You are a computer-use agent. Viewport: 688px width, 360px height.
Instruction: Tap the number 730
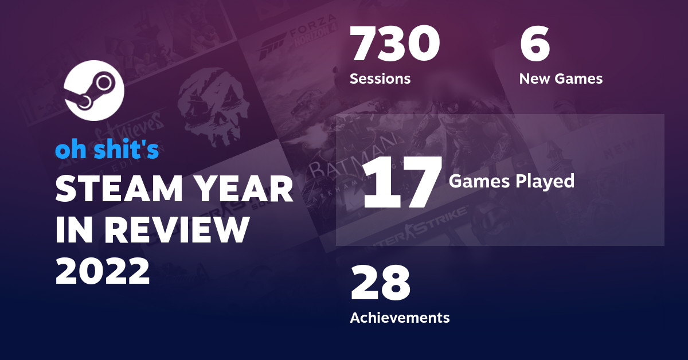point(395,45)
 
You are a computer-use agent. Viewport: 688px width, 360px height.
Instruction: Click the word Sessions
point(380,79)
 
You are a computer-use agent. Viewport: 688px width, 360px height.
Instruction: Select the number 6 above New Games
point(535,45)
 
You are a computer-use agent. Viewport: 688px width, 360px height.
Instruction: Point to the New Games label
point(561,79)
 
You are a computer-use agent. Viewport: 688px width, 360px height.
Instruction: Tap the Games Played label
point(511,181)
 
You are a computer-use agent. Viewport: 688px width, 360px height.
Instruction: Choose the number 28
point(381,284)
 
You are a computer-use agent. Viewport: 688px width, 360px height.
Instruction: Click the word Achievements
point(400,317)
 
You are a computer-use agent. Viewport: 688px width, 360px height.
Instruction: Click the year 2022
point(103,270)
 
